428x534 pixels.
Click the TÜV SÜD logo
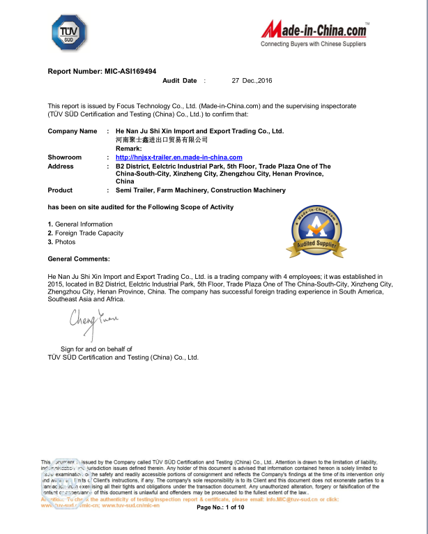point(69,33)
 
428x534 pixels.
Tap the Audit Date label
point(180,81)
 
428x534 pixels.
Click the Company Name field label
point(72,131)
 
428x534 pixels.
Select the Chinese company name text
point(162,140)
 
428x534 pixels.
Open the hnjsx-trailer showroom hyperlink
point(178,158)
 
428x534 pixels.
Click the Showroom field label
point(65,158)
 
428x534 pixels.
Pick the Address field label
point(61,167)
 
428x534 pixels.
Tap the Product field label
point(60,190)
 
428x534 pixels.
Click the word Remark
point(129,148)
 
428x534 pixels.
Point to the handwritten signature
point(93,320)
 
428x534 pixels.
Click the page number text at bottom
point(220,508)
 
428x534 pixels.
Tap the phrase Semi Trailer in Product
point(134,190)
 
